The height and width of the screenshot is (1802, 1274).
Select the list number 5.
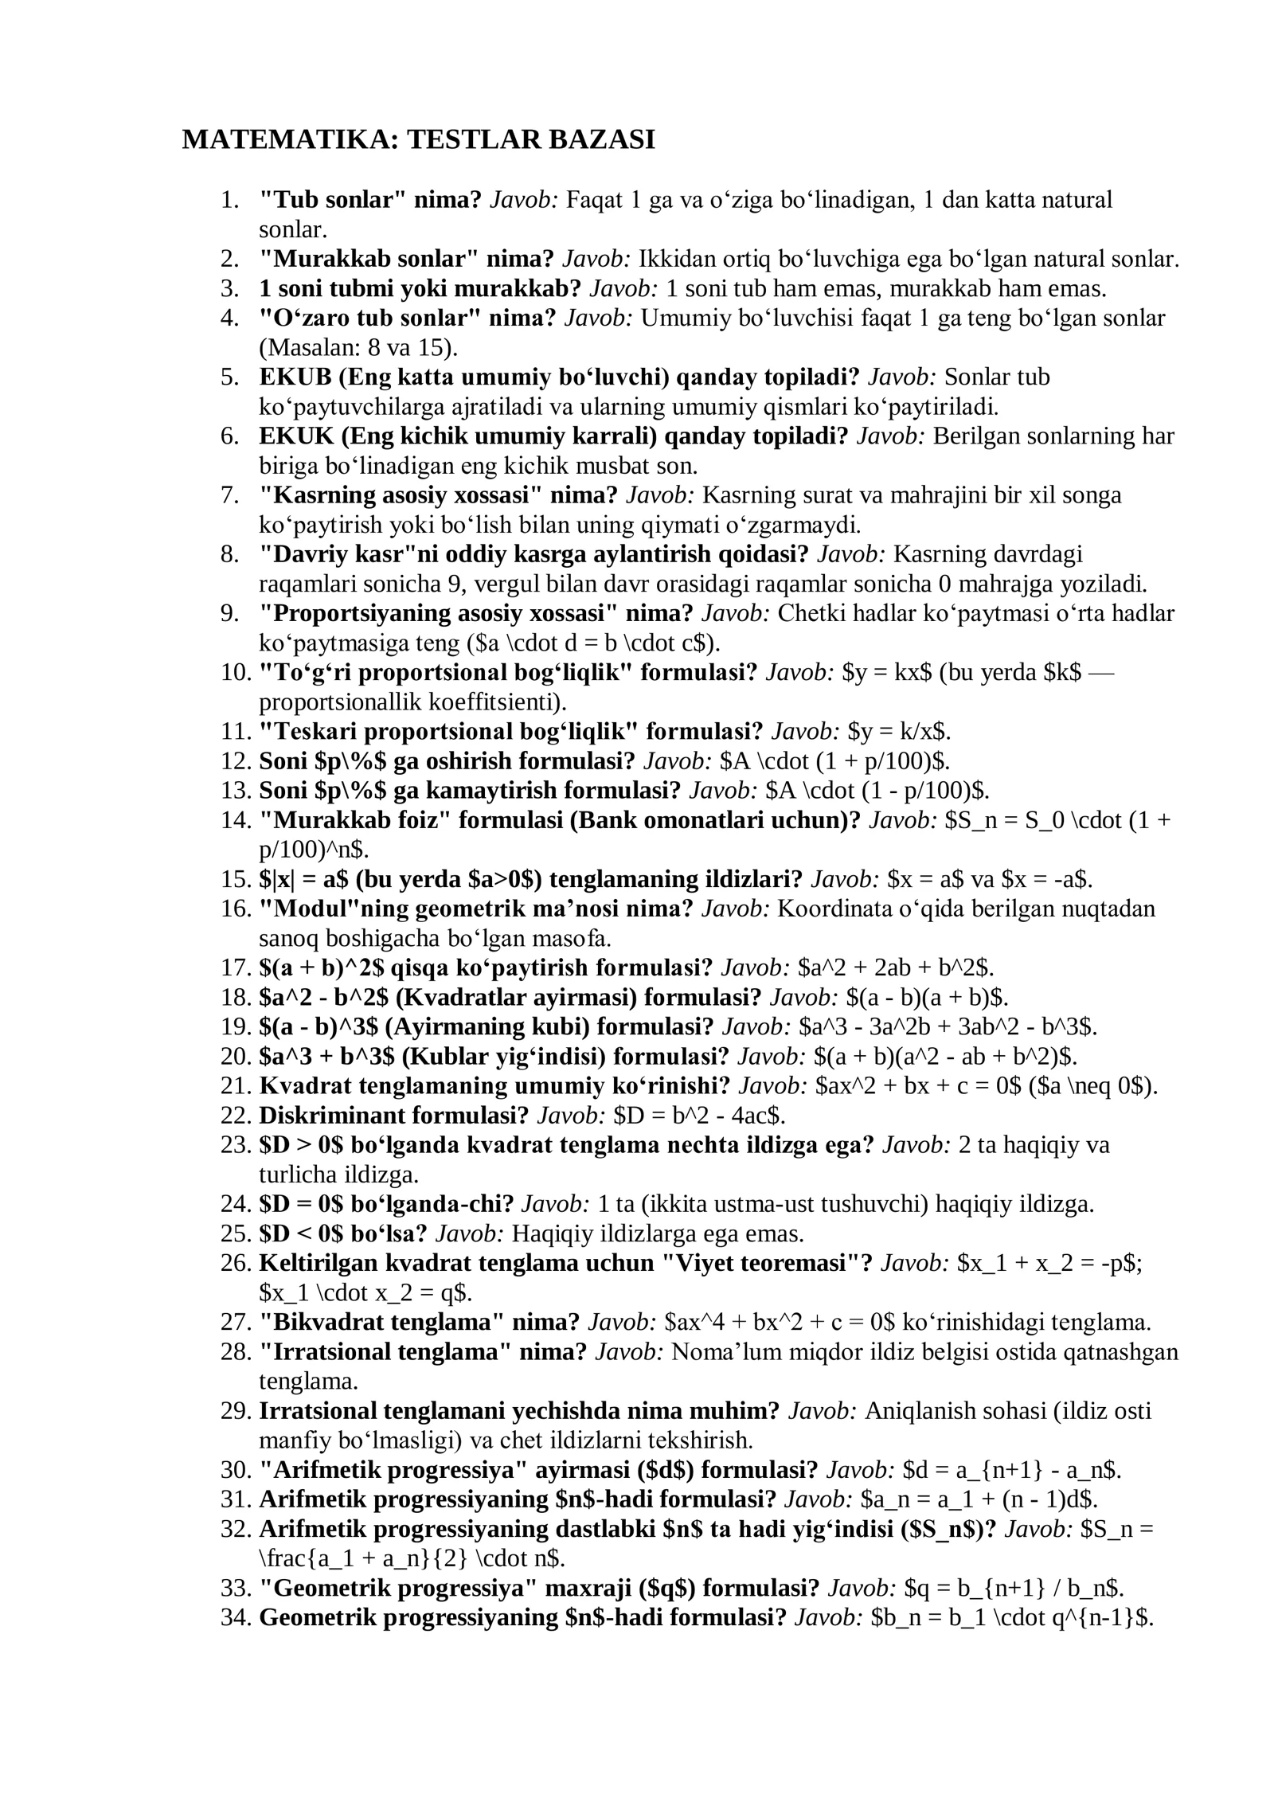tap(230, 377)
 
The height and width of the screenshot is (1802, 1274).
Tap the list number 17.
tap(236, 967)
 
